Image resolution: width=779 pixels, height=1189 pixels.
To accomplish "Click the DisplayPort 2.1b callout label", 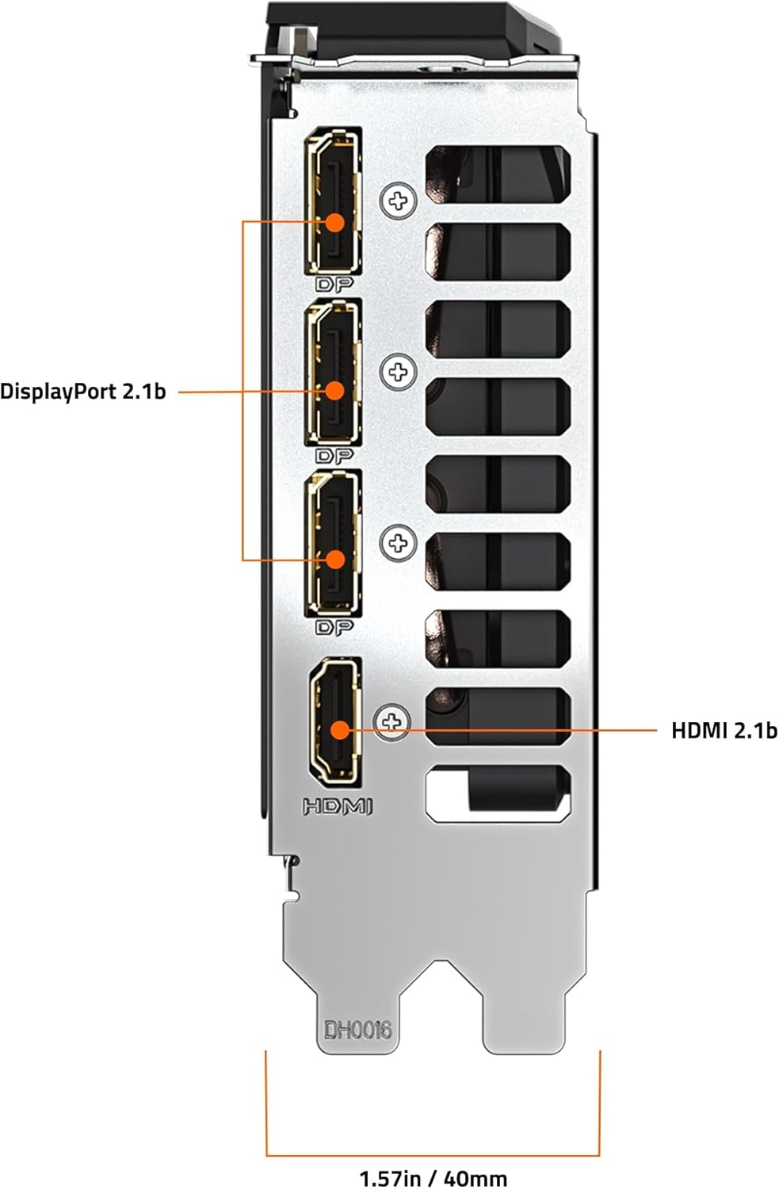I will tap(83, 391).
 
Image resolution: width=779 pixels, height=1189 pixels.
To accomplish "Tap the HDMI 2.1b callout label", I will tap(724, 730).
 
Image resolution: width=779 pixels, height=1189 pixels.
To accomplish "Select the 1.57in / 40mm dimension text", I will tap(433, 1178).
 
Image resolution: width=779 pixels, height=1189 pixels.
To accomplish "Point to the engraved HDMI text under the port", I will tap(337, 806).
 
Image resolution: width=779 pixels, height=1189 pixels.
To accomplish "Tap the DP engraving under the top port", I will tap(334, 284).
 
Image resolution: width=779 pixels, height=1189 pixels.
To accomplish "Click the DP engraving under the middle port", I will tap(334, 455).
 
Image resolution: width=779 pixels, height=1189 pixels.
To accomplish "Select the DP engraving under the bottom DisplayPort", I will tap(334, 627).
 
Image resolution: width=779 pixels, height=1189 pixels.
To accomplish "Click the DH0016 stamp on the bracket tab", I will tap(357, 1030).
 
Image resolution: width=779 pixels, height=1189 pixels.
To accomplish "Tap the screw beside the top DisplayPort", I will tap(398, 201).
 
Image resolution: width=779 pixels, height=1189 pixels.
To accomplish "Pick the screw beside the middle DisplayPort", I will tap(398, 371).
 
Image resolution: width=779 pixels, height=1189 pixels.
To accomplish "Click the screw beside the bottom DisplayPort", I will tap(398, 543).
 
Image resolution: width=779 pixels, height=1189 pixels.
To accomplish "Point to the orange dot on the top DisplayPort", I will tap(335, 221).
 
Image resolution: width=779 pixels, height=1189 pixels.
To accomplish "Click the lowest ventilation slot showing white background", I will tap(498, 793).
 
